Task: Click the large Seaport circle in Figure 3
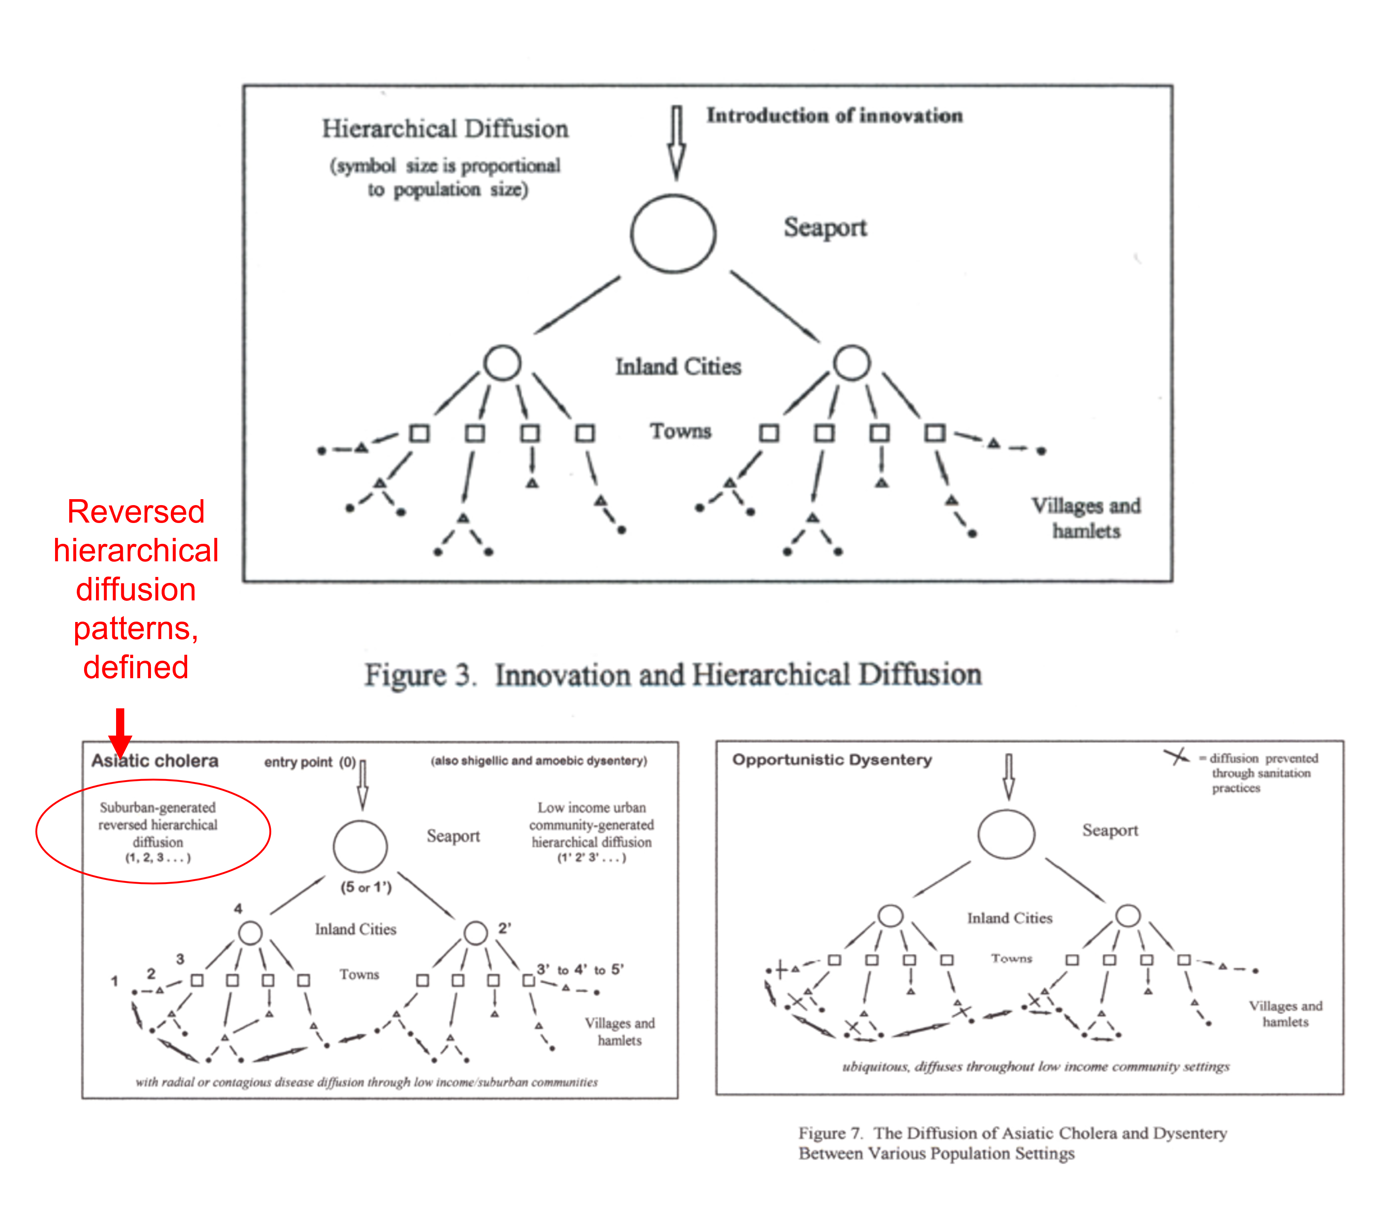[x=673, y=234]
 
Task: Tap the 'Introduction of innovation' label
[x=835, y=115]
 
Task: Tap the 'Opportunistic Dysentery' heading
[x=832, y=760]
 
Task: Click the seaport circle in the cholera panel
[x=360, y=846]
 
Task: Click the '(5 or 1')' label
[x=366, y=887]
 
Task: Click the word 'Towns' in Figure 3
[x=681, y=431]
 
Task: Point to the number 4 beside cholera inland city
[x=238, y=908]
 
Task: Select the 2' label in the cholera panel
[x=505, y=928]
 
